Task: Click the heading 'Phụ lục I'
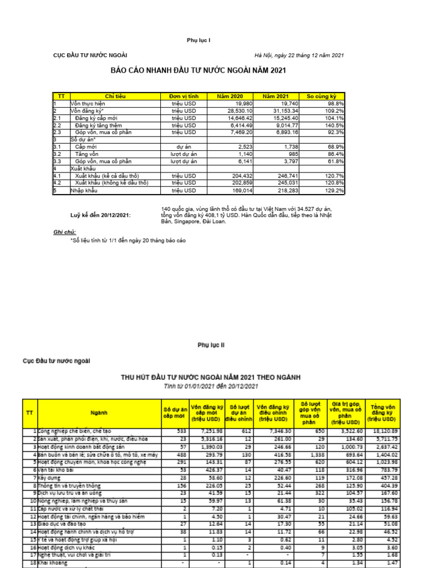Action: [x=198, y=41]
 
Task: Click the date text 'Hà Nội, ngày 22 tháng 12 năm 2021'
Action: [x=299, y=55]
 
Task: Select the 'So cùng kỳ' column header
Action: [x=322, y=97]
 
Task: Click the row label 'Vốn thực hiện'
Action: [x=87, y=104]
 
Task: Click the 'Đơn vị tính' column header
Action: [x=184, y=97]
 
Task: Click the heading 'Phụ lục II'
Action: [x=211, y=344]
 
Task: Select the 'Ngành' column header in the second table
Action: [x=99, y=413]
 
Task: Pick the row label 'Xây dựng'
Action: [x=48, y=478]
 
